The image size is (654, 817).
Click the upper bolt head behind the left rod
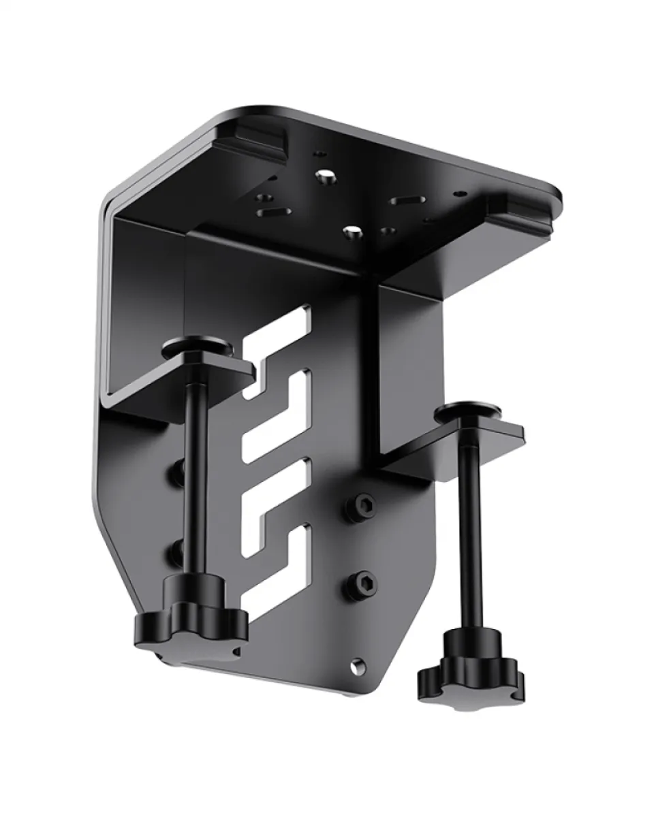(x=178, y=469)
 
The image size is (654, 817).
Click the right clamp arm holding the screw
(x=453, y=446)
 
